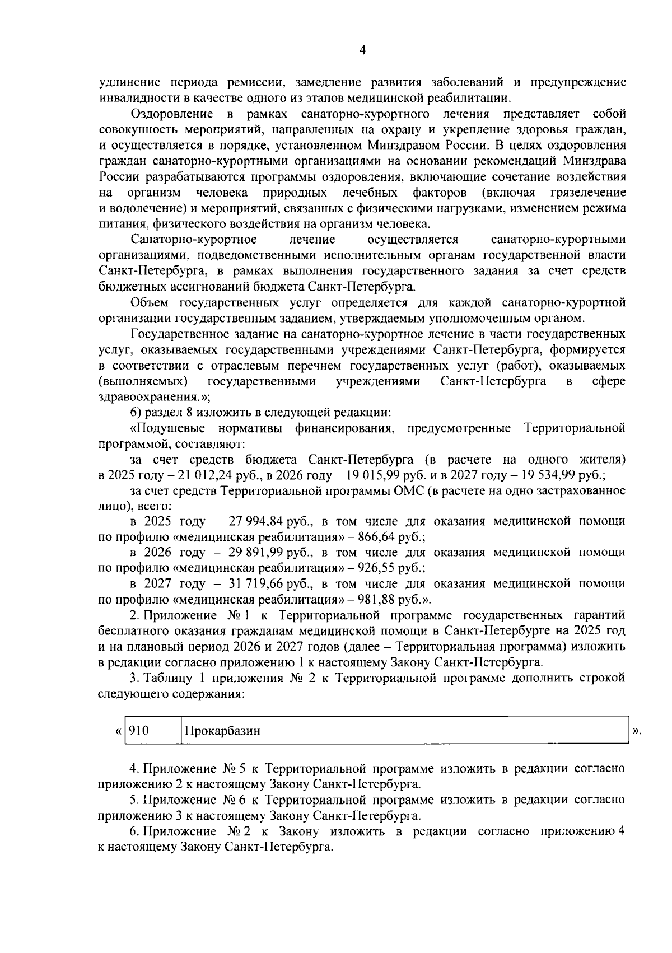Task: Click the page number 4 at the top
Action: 362,50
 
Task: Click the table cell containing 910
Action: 152,731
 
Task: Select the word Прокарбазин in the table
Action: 222,731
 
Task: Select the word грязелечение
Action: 588,193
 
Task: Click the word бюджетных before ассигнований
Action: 132,287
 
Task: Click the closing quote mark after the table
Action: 636,731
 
